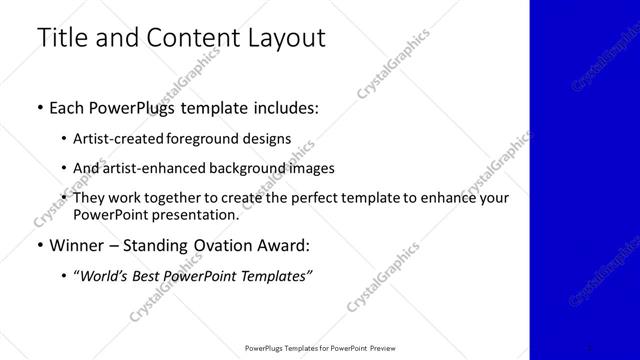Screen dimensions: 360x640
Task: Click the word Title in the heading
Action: (x=63, y=39)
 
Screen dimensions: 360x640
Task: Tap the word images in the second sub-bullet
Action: (x=311, y=168)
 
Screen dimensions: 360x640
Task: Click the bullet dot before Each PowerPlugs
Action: (x=39, y=108)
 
